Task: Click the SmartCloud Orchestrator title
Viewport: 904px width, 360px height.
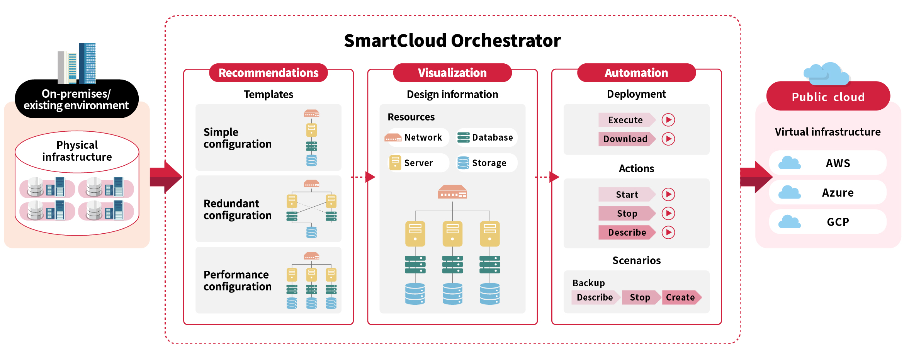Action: (x=452, y=41)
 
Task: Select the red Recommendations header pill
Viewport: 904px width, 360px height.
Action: (x=268, y=73)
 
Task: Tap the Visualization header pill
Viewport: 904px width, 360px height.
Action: (x=452, y=73)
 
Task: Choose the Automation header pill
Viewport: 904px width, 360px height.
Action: (x=636, y=73)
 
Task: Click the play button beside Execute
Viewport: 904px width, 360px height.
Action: (x=668, y=120)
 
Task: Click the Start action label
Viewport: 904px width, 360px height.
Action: (x=626, y=194)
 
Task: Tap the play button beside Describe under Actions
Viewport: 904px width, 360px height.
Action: (x=668, y=232)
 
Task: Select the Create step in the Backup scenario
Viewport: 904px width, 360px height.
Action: (x=680, y=297)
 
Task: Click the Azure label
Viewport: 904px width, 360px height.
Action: (x=838, y=192)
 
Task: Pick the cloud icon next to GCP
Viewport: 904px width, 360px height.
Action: (x=789, y=222)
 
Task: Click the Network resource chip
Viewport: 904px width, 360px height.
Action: (x=418, y=138)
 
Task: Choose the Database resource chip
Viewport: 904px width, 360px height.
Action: (x=486, y=138)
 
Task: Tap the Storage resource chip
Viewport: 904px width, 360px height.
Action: (x=486, y=163)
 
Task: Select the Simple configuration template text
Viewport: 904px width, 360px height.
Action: (x=237, y=138)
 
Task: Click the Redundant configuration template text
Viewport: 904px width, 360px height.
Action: (x=237, y=209)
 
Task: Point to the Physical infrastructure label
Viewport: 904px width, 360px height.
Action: (x=77, y=151)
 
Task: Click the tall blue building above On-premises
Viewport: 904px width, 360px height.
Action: (x=87, y=63)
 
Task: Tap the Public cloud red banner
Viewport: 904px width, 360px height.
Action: (x=828, y=97)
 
